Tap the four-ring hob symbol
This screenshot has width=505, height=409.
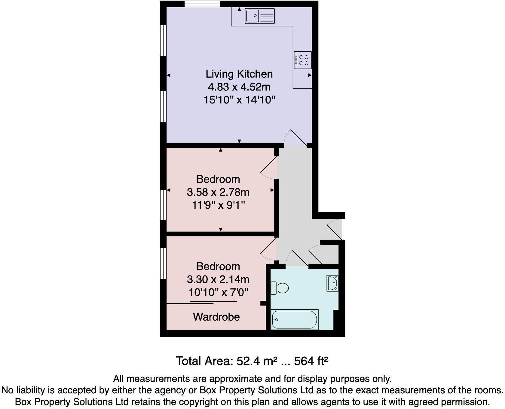click(303, 60)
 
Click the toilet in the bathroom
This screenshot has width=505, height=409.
click(280, 288)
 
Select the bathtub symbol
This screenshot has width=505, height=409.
click(294, 320)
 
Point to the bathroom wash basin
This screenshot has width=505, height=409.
click(332, 284)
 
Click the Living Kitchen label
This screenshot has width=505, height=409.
click(239, 74)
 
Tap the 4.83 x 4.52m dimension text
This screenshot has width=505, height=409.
click(239, 87)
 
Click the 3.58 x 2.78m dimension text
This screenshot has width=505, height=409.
click(218, 192)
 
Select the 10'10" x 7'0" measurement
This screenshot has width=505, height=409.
click(218, 292)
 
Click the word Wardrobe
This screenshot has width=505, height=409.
click(216, 317)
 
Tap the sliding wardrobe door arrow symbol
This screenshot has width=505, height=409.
click(237, 299)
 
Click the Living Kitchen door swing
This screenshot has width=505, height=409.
click(296, 138)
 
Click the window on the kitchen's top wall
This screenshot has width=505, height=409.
click(202, 4)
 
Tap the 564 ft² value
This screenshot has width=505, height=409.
click(311, 361)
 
